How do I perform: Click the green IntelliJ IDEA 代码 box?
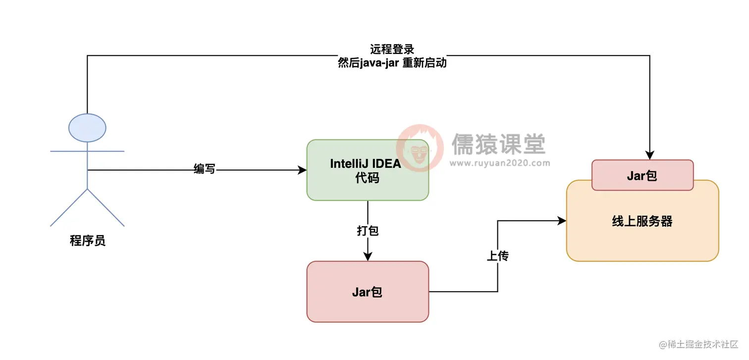(x=367, y=170)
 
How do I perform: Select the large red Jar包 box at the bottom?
(x=367, y=292)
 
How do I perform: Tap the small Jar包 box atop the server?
(x=642, y=175)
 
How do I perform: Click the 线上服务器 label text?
(x=642, y=221)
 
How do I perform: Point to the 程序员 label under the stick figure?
(x=87, y=241)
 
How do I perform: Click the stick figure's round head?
(x=87, y=128)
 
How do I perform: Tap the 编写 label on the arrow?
(x=204, y=169)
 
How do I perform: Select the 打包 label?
(x=367, y=231)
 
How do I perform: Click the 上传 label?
(x=497, y=256)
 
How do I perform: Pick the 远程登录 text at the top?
(x=392, y=50)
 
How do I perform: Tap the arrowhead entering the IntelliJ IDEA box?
(x=303, y=170)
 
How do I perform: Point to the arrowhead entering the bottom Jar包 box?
(x=367, y=257)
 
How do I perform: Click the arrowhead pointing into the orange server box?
(x=562, y=221)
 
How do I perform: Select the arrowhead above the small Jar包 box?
(x=649, y=155)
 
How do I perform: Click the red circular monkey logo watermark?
(x=421, y=147)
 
